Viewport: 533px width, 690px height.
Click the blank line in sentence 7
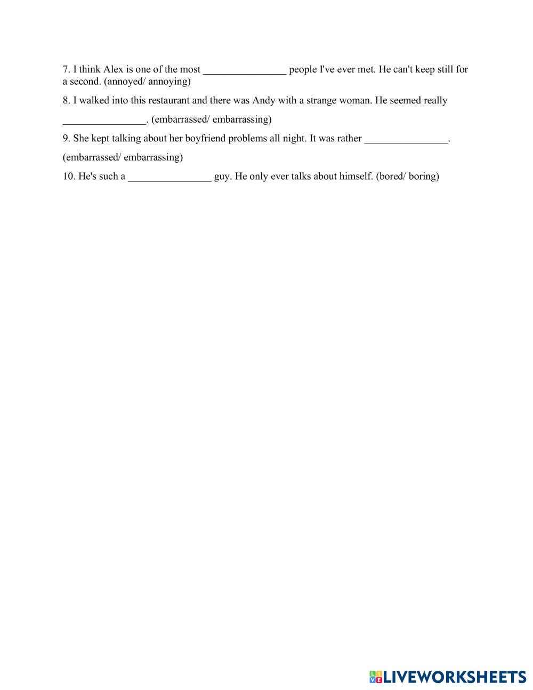[x=245, y=70]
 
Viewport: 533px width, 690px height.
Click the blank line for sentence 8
[x=104, y=120]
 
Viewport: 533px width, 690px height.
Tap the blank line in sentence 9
[x=406, y=139]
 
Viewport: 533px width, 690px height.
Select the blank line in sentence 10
[x=169, y=177]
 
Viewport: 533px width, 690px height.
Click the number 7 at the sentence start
[x=66, y=69]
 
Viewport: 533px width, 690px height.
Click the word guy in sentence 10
[x=222, y=176]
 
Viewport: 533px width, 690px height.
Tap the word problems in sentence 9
[x=247, y=138]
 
